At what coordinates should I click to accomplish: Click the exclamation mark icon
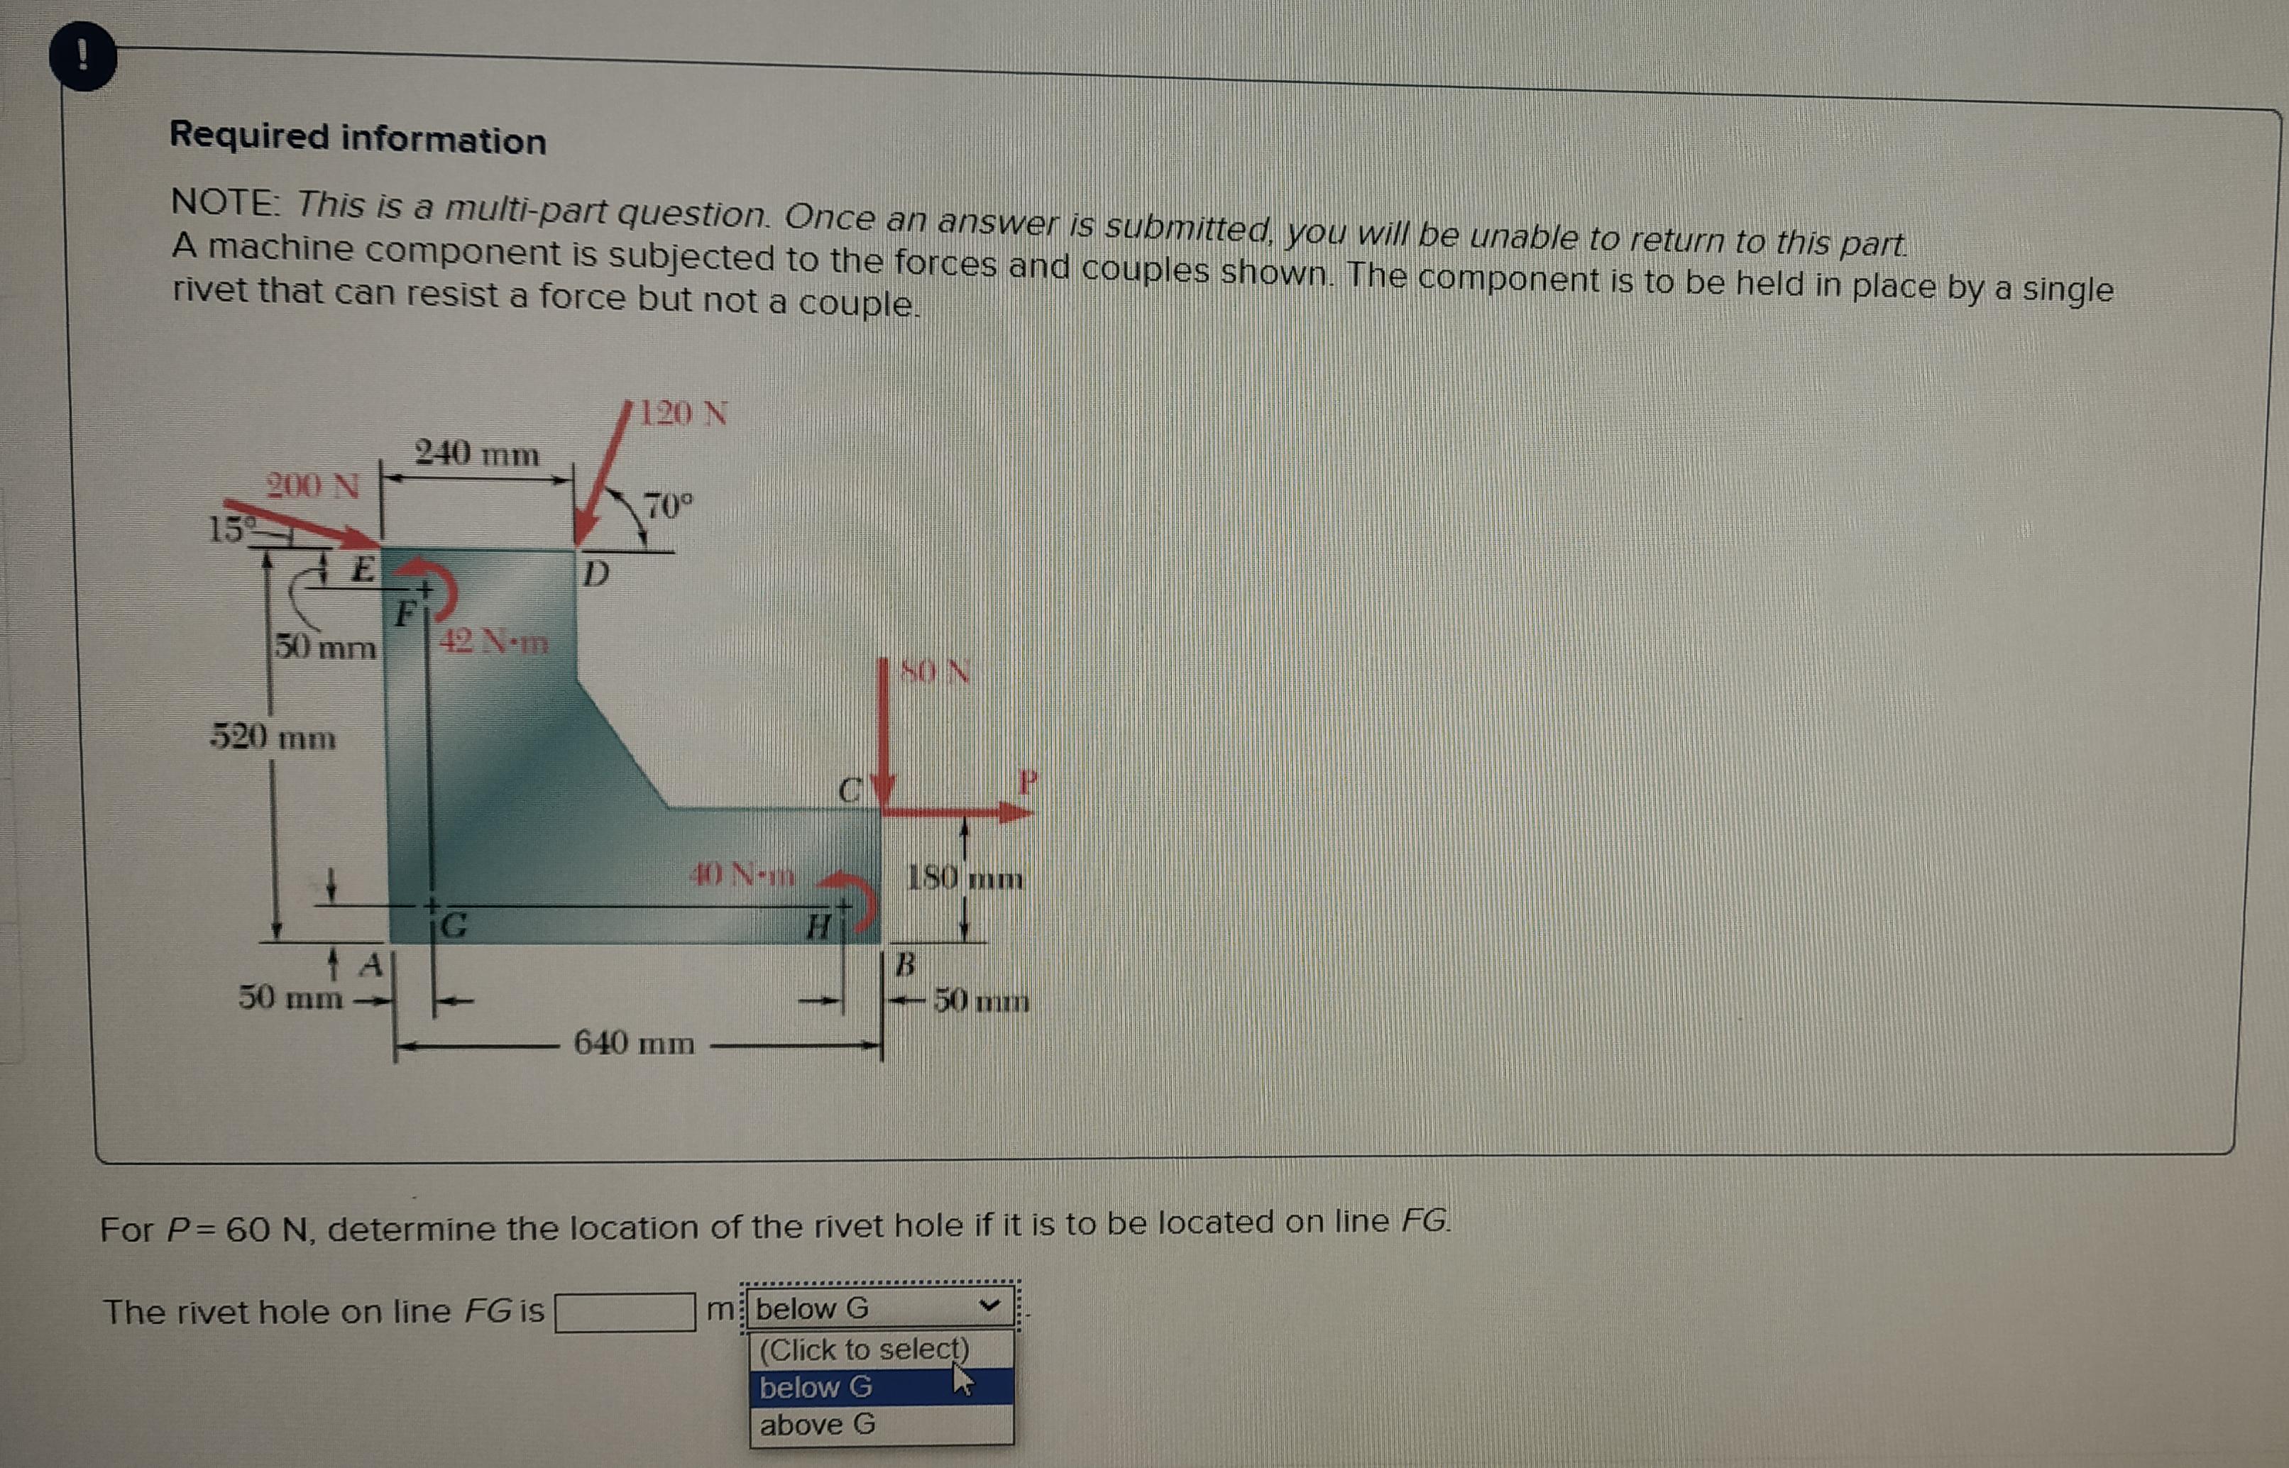[x=83, y=57]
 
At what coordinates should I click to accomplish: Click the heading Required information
[x=358, y=138]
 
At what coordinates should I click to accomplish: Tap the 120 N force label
[x=683, y=413]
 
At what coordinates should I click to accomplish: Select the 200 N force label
[x=313, y=485]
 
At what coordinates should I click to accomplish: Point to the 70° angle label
[x=669, y=505]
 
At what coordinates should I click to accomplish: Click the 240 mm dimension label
[x=477, y=453]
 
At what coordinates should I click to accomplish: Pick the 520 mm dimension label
[x=273, y=737]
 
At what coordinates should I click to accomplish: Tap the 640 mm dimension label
[x=634, y=1043]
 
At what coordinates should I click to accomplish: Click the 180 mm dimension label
[x=965, y=877]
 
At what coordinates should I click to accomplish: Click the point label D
[x=595, y=573]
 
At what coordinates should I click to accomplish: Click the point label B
[x=906, y=965]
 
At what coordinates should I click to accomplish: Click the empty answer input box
[x=625, y=1312]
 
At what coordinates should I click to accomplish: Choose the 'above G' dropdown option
[x=818, y=1424]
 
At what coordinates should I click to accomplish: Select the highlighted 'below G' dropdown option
[x=816, y=1387]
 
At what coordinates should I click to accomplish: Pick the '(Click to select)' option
[x=864, y=1349]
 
